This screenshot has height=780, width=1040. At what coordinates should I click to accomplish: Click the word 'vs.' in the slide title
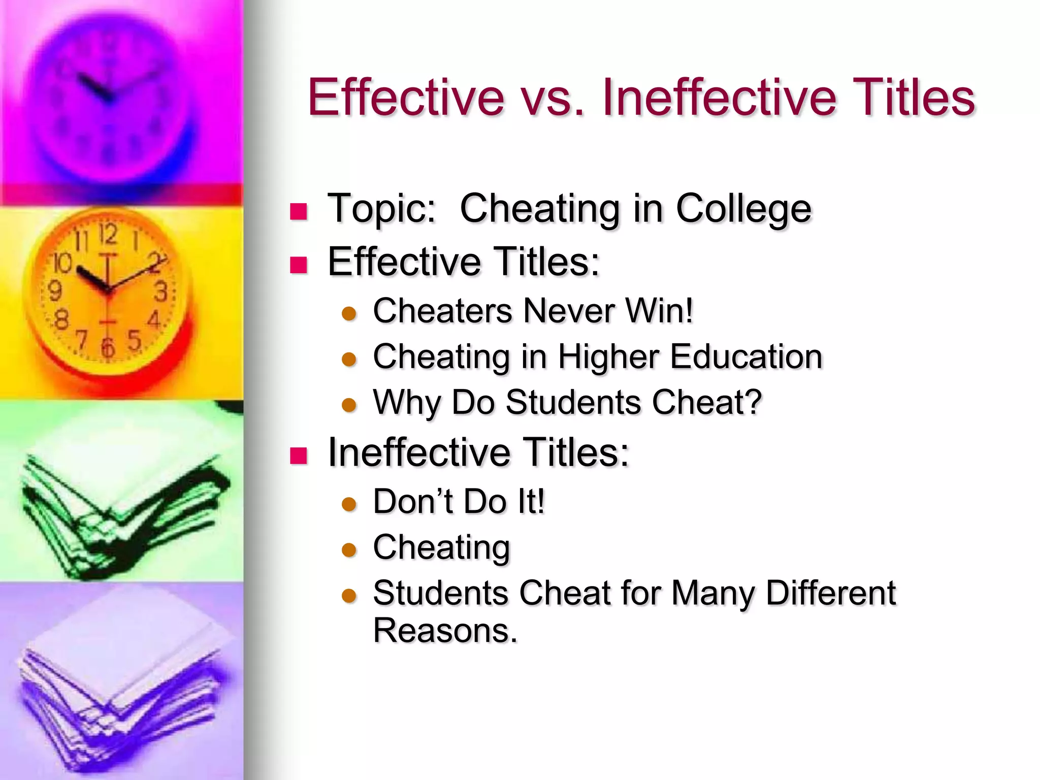[551, 97]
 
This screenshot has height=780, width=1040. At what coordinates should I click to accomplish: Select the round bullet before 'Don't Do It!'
[349, 504]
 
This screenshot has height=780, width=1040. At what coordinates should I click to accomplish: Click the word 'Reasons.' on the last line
[445, 631]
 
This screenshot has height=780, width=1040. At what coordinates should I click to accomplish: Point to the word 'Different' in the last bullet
[831, 593]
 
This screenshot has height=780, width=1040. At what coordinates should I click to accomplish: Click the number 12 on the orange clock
[108, 234]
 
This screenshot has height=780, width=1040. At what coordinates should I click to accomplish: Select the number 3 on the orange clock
[161, 292]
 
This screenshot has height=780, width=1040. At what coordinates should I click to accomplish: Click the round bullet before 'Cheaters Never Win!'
[349, 314]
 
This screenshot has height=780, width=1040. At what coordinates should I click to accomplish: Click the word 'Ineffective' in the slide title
[719, 97]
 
